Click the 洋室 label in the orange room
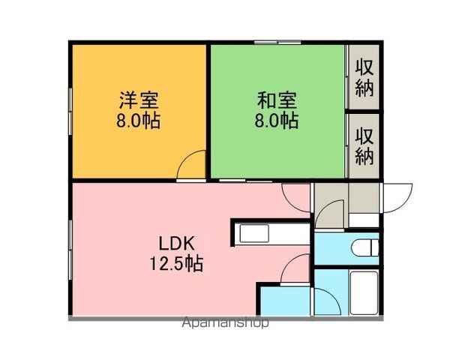pyautogui.click(x=139, y=100)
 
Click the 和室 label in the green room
pyautogui.click(x=277, y=100)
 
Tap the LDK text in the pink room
pyautogui.click(x=176, y=243)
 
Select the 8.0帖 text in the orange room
pyautogui.click(x=139, y=121)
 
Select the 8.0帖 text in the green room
pyautogui.click(x=277, y=121)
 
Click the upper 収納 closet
pyautogui.click(x=364, y=77)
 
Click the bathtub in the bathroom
pyautogui.click(x=365, y=292)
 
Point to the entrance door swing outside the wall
pyautogui.click(x=397, y=199)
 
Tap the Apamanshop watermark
pyautogui.click(x=225, y=324)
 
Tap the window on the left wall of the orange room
pyautogui.click(x=71, y=112)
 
